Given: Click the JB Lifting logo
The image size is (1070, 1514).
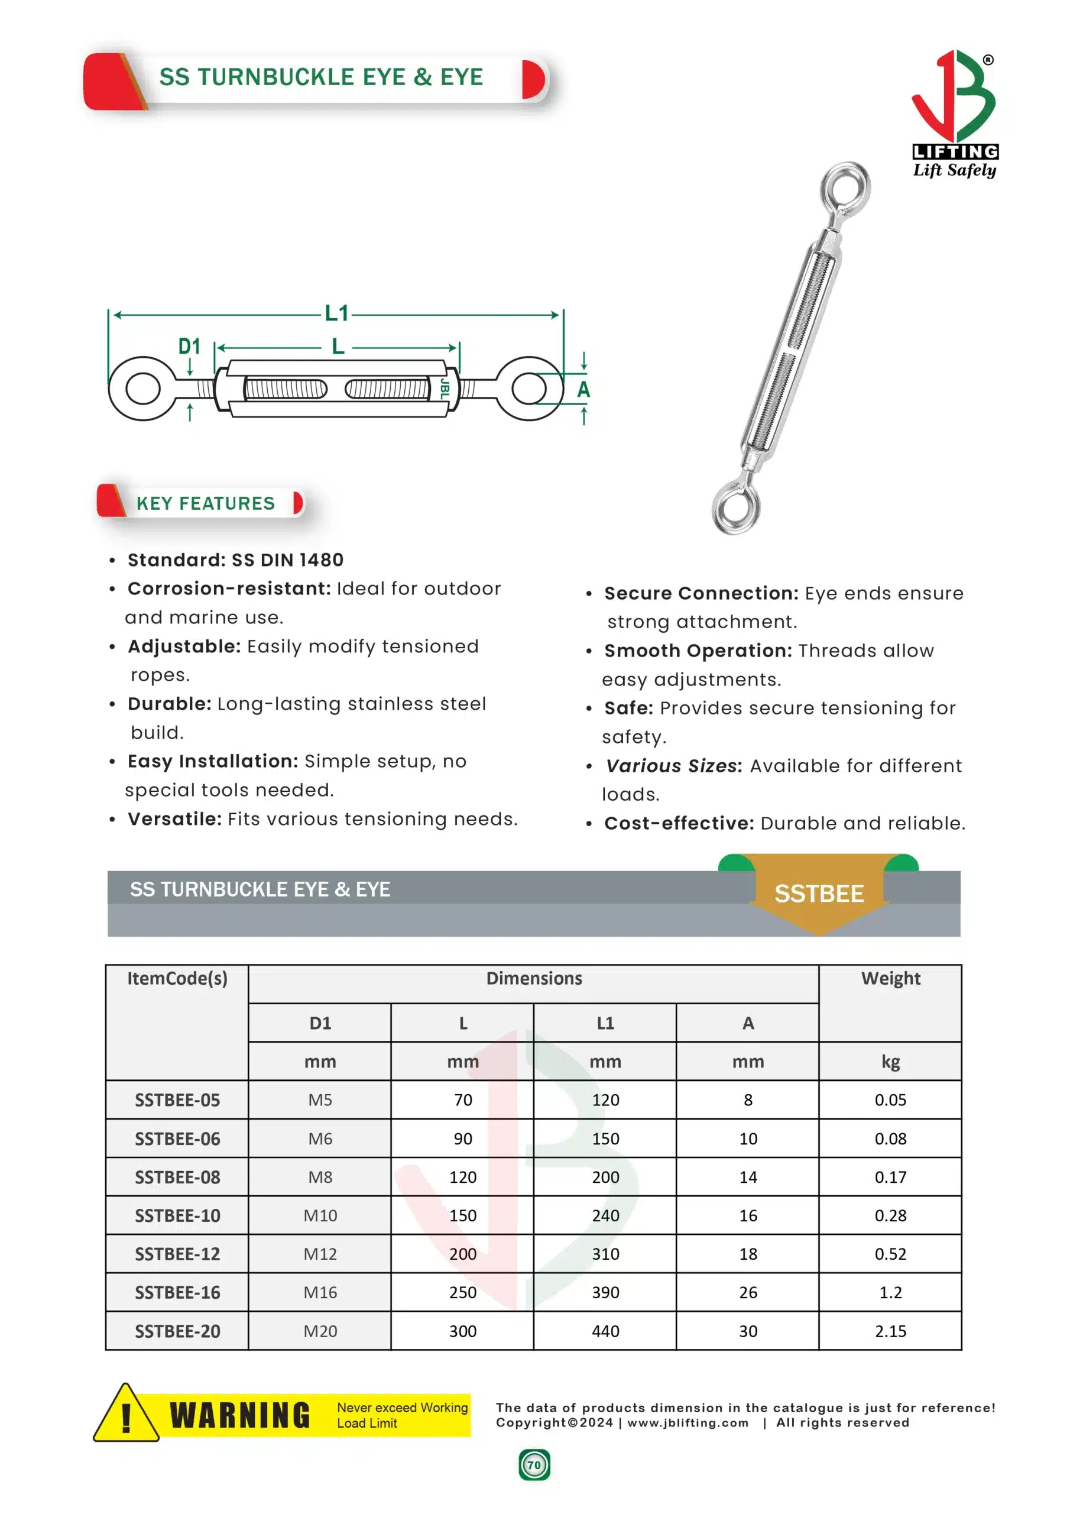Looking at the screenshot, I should coord(954,114).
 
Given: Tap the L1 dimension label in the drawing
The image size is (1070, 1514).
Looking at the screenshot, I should coord(336,313).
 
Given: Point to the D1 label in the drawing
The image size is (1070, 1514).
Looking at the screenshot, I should coord(189,346).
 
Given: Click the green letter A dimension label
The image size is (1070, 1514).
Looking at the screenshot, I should coord(583,390).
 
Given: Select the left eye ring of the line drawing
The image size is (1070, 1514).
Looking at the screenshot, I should coord(142,389).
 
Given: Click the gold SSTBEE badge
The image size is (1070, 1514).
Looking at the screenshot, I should coord(818,894).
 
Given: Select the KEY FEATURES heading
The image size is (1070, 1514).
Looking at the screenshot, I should coord(205,504).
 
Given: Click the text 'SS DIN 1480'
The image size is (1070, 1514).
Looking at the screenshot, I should coord(287,560).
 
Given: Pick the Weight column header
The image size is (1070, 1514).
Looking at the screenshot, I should coord(890,979).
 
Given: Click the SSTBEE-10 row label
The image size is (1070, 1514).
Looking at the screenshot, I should coord(177,1215).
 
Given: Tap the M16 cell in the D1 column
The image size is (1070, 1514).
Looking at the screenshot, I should coord(320,1292).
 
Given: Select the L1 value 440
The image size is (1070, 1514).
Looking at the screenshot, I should coord(605,1331).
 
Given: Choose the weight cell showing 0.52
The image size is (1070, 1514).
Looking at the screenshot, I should coord(890,1254).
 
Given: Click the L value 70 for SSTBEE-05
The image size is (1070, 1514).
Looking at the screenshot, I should coord(463,1100).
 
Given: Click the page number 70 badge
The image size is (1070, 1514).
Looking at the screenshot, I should coord(534,1464).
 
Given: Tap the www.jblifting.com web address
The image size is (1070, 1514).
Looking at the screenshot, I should coord(688,1422).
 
